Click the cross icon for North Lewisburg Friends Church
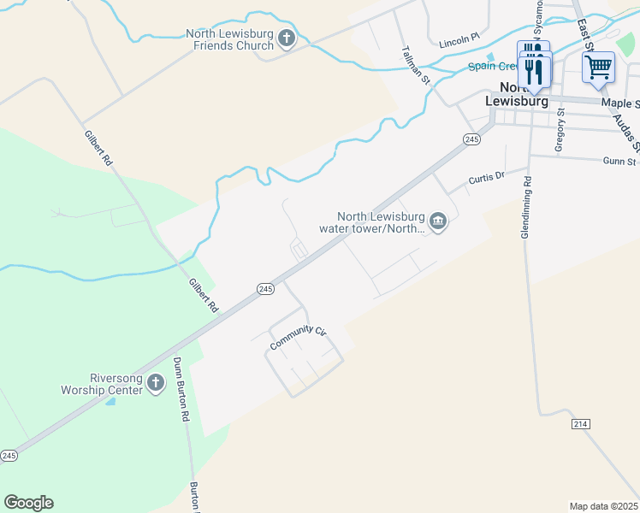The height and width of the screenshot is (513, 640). click(x=287, y=38)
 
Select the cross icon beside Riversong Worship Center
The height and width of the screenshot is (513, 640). click(x=155, y=383)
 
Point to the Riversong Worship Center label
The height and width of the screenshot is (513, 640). click(x=101, y=384)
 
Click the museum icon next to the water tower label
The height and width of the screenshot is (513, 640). click(x=438, y=222)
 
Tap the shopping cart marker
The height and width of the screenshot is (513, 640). click(x=598, y=67)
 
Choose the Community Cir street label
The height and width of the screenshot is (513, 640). click(x=299, y=338)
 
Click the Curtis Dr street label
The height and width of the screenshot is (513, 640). click(x=487, y=179)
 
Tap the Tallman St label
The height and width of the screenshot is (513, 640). click(x=415, y=62)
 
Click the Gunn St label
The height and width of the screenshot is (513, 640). click(x=619, y=161)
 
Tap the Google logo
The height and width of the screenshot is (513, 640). click(x=28, y=503)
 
